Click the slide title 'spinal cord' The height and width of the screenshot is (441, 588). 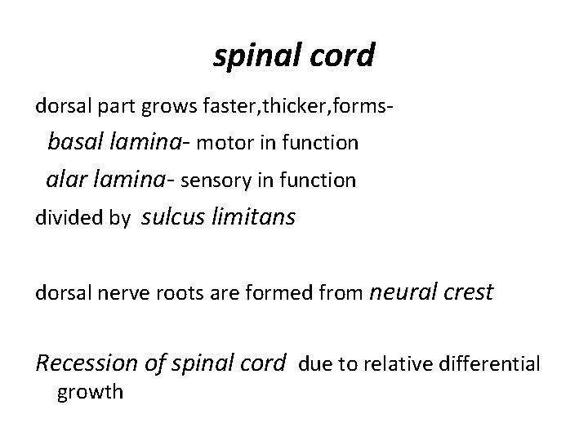tap(294, 56)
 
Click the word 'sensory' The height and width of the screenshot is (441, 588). tap(215, 180)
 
